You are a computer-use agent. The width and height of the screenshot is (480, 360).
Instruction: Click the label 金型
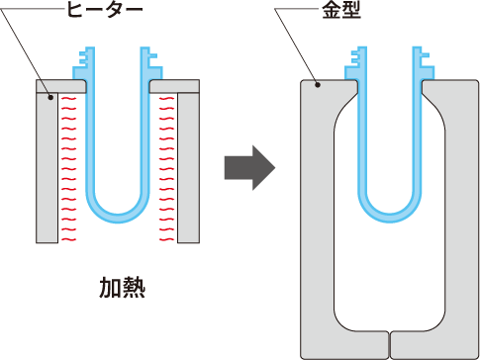coord(341,11)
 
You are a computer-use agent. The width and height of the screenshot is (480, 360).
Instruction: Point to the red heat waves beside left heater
coord(69,168)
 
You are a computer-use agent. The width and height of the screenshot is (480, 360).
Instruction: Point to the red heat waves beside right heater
coord(165,168)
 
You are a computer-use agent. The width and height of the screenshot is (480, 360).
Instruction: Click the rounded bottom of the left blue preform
coord(118,211)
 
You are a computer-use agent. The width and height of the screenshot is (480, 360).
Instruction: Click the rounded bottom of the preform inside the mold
coord(390,211)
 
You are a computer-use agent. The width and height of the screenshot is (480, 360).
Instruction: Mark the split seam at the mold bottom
coord(390,343)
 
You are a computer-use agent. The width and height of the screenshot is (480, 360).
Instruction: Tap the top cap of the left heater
coord(60,87)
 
